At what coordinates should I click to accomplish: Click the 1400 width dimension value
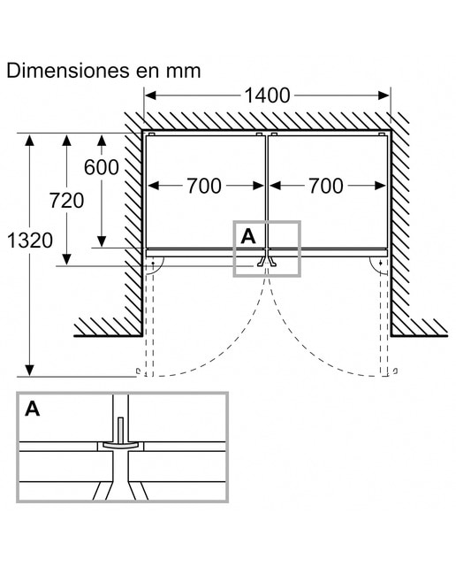pos(267,96)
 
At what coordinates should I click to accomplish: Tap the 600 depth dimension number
pos(102,167)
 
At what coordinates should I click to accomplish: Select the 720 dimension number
pos(67,201)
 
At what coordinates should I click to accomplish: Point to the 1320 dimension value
pos(30,240)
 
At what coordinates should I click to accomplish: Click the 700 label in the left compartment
pos(204,186)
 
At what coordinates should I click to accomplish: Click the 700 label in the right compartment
pos(325,186)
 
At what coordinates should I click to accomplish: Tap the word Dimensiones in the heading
pos(69,71)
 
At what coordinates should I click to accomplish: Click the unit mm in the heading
pos(183,71)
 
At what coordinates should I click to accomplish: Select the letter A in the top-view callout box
pos(247,236)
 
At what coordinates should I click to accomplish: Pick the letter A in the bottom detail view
pos(33,409)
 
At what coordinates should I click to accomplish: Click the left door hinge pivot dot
pos(153,264)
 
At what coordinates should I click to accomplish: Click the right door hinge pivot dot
pos(381,264)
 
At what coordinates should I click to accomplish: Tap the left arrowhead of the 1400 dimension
pos(149,96)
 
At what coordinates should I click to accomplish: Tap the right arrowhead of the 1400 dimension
pos(384,96)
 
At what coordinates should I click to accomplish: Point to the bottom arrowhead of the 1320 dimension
pos(29,371)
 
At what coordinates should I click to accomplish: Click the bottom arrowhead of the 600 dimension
pos(102,241)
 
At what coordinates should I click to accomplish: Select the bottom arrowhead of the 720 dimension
pos(66,259)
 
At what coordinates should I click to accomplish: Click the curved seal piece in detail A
pos(120,445)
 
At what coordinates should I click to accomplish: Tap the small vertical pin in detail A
pos(120,431)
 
